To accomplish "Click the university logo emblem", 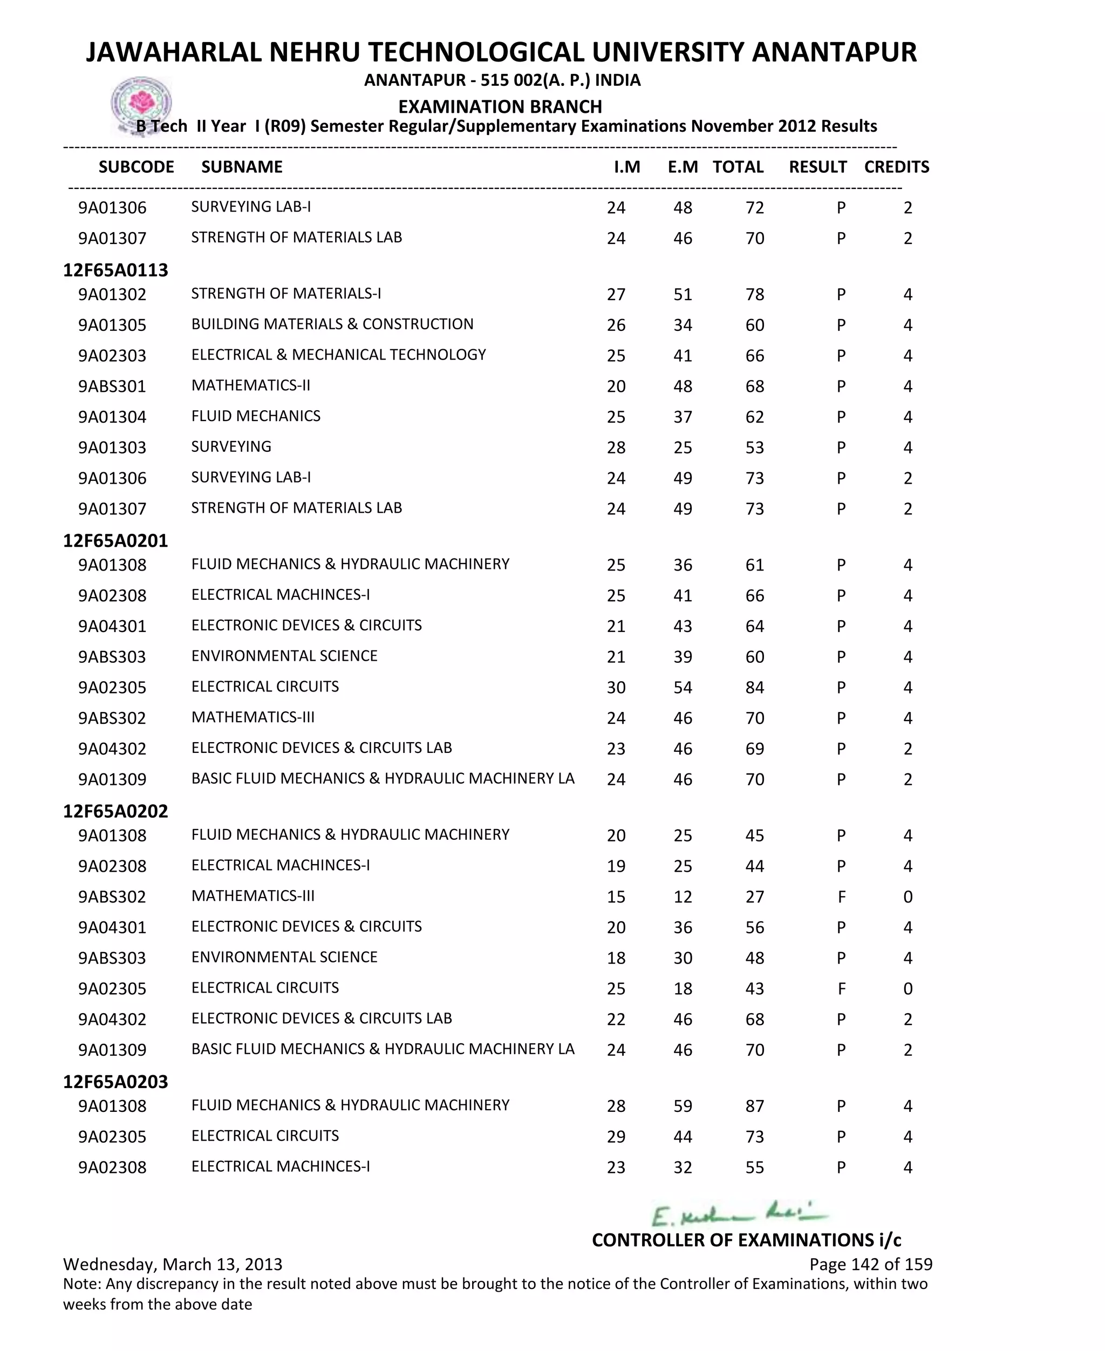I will coord(141,104).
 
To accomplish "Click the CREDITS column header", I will coord(896,167).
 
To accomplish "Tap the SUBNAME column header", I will coord(242,167).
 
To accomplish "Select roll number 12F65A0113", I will coord(115,270).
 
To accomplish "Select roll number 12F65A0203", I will coord(115,1082).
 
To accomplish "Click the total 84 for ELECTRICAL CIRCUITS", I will coord(754,688).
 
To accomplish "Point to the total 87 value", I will coord(754,1106).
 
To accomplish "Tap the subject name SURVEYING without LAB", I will coord(231,446).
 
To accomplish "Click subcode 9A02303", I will coord(112,356).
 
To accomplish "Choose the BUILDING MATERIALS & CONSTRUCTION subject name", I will coord(332,324).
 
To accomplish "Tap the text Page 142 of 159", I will coord(870,1265).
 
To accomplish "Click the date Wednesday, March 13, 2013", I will coord(173,1265).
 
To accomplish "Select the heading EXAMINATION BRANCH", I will coord(500,106).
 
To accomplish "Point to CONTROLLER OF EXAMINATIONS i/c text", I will coord(746,1240).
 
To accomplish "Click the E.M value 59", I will coord(683,1106).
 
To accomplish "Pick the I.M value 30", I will coord(616,688).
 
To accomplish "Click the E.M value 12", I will coord(683,897).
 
